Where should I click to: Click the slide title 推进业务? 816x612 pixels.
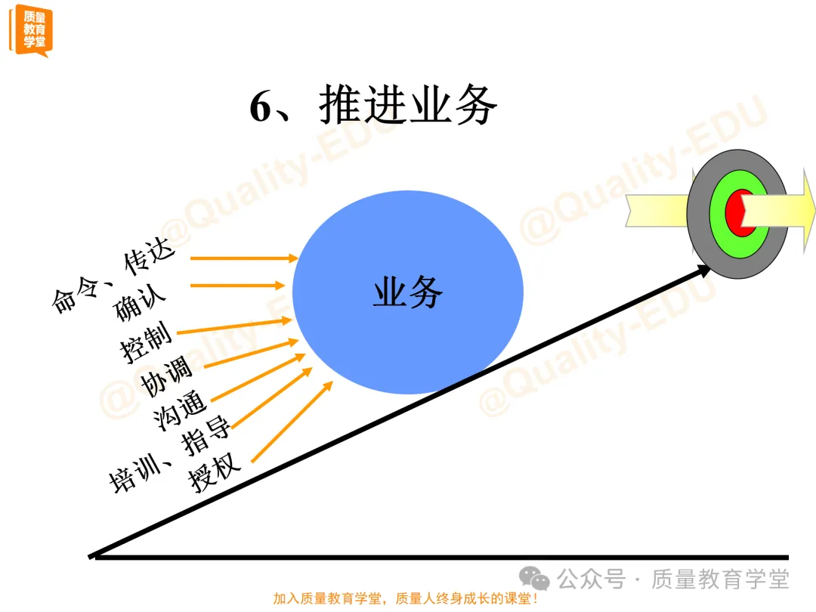408,106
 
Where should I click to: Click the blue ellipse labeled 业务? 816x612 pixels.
408,292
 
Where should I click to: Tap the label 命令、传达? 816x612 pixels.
113,276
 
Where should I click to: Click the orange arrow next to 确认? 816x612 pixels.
237,286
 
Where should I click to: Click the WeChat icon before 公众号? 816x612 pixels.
539,580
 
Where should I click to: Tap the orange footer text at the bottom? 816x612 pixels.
406,598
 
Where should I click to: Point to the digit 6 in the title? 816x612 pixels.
260,108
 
